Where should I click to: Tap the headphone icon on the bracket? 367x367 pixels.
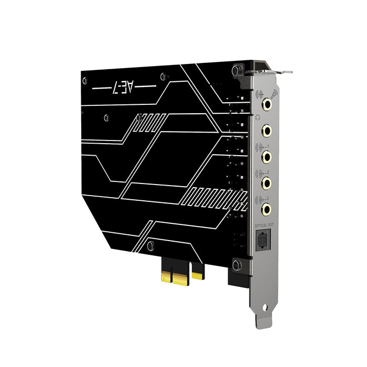tap(256, 117)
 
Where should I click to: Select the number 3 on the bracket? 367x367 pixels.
tap(268, 198)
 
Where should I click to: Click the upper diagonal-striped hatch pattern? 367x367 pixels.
tap(149, 122)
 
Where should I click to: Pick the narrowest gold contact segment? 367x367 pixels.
tap(198, 274)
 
